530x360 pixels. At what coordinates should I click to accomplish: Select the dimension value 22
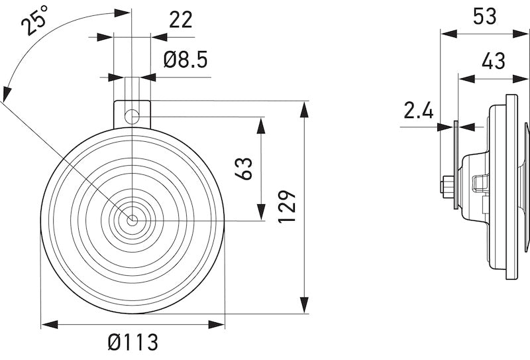(180, 20)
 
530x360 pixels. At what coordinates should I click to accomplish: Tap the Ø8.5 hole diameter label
(185, 60)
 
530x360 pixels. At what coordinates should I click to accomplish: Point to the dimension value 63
(243, 168)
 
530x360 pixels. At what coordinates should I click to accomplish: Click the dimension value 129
(287, 207)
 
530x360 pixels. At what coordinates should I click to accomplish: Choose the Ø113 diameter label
(132, 343)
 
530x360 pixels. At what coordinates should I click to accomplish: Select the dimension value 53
(484, 16)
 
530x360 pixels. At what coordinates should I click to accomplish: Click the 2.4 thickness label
(418, 110)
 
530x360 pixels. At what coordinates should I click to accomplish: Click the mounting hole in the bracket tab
(132, 116)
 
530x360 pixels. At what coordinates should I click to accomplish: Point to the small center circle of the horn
(132, 219)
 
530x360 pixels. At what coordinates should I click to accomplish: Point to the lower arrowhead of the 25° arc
(5, 95)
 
